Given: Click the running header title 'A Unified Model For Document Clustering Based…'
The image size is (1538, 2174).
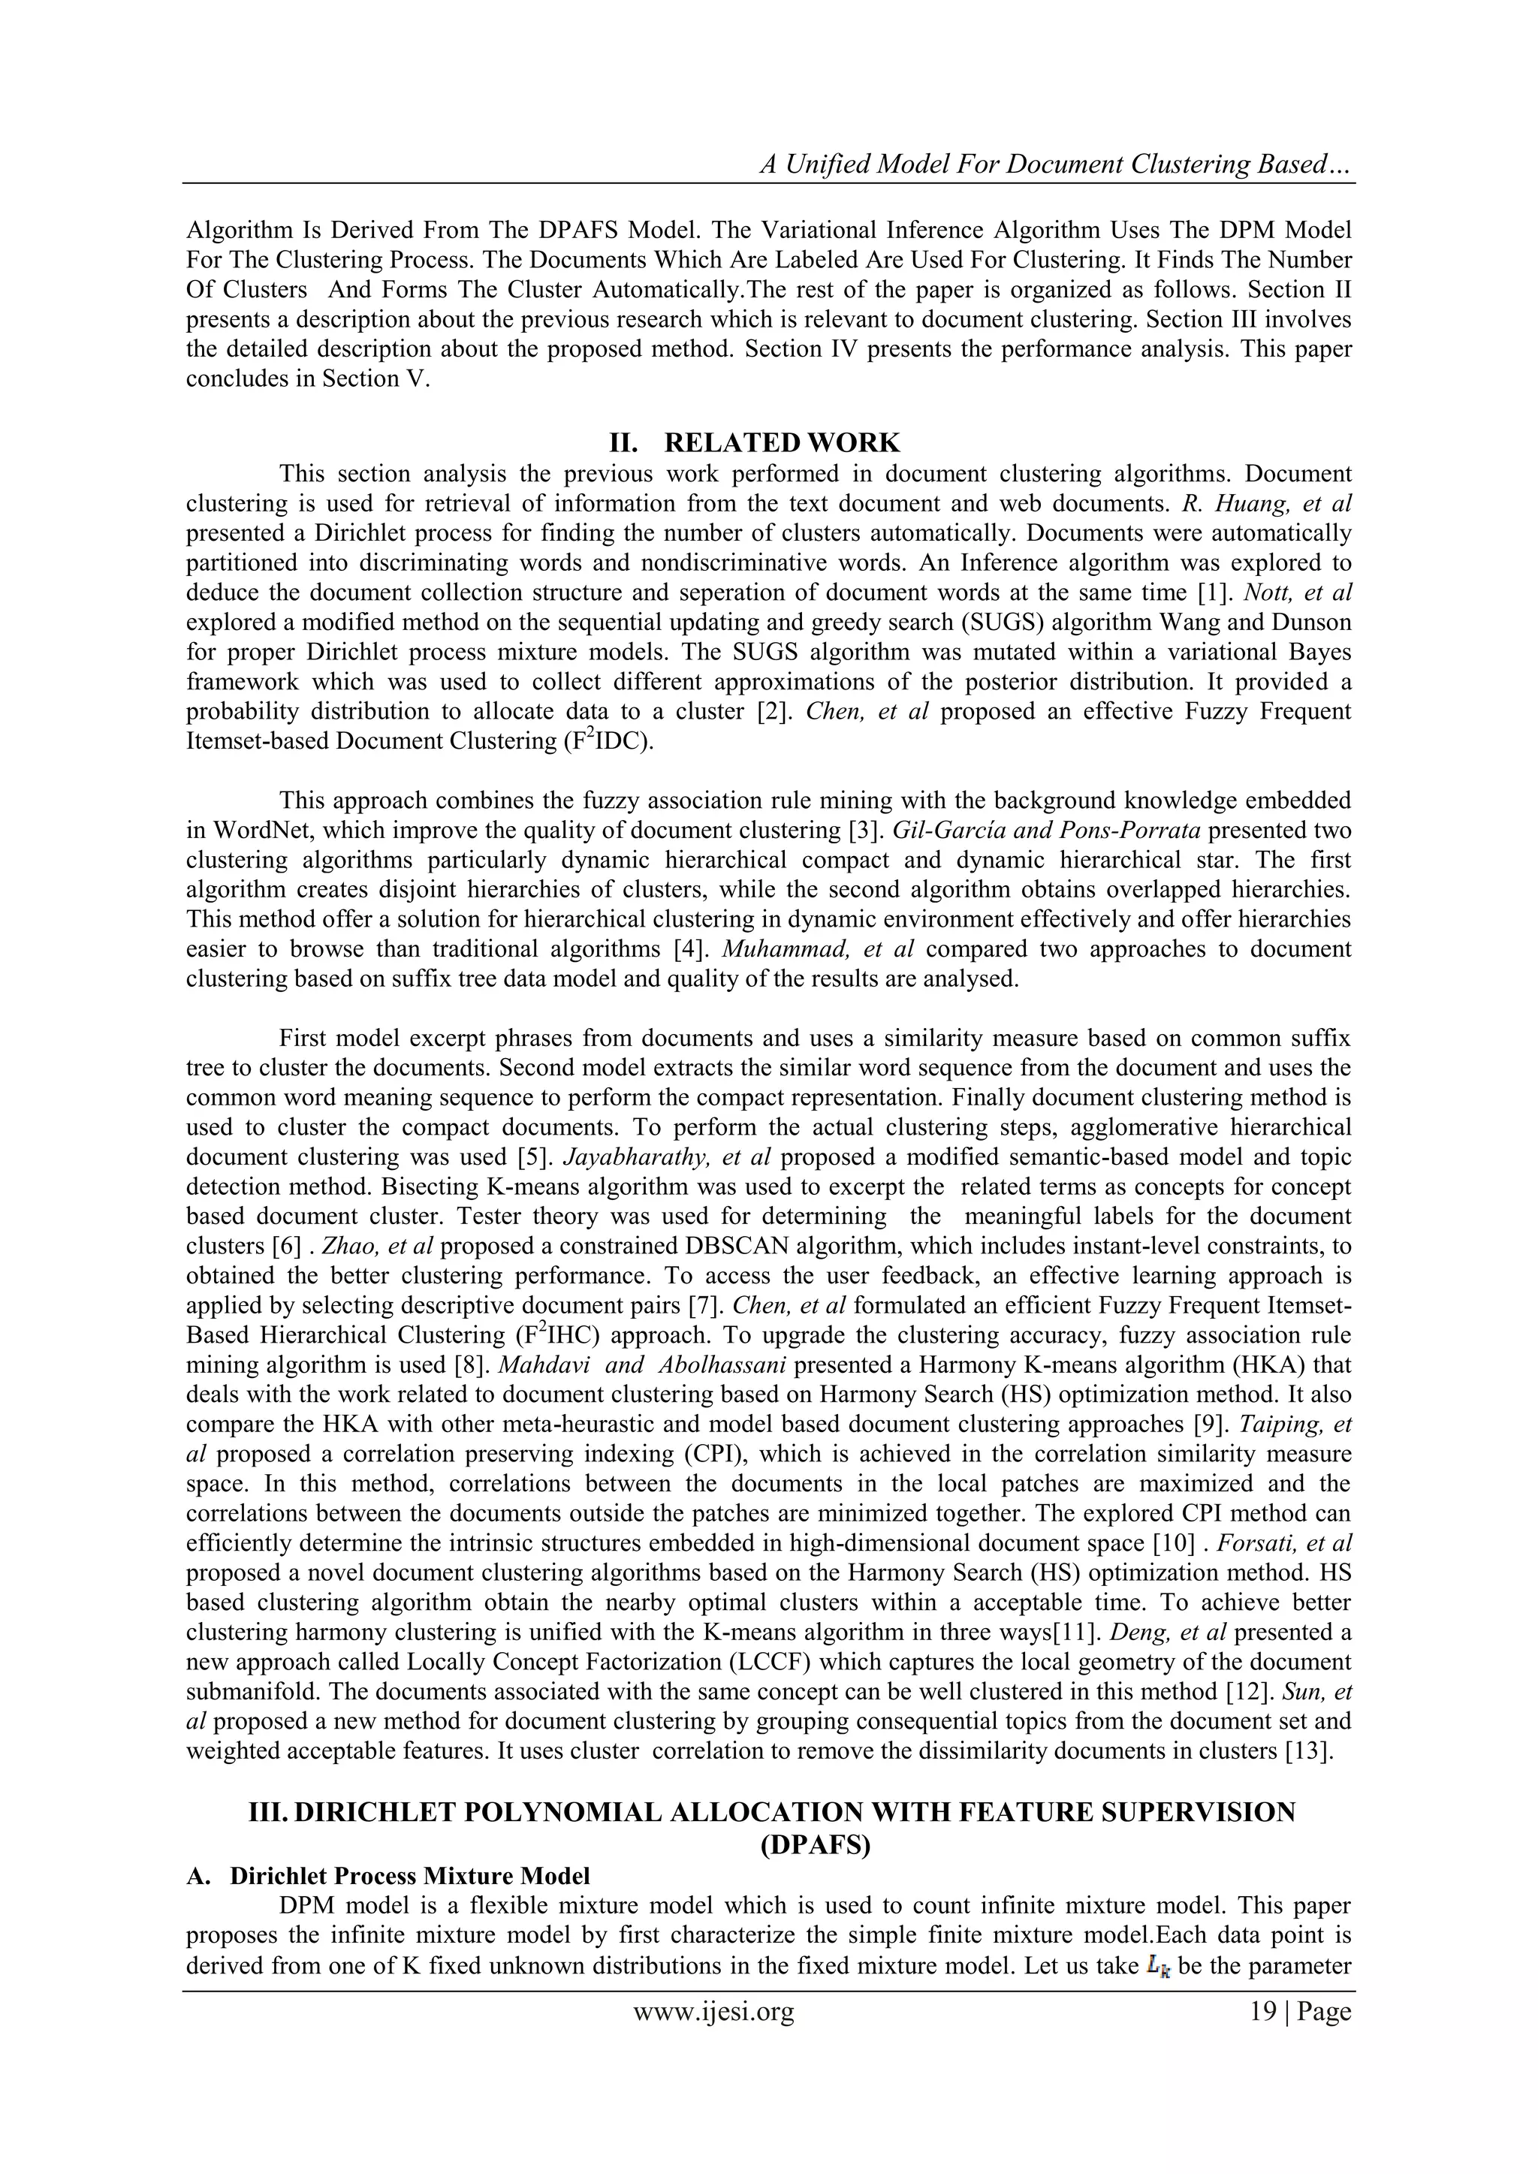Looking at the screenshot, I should point(1055,164).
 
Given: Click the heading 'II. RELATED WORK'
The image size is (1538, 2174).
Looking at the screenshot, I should point(754,442).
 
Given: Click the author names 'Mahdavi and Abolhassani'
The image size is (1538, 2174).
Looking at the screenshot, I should point(623,1364).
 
